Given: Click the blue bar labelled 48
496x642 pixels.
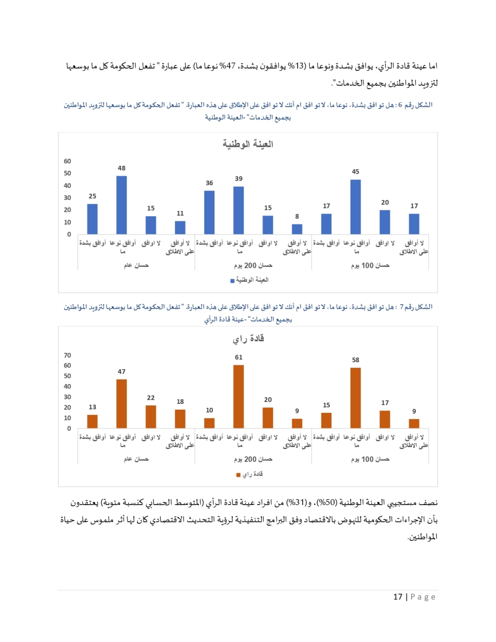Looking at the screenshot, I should tap(122, 204).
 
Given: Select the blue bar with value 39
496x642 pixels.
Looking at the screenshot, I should tap(239, 210).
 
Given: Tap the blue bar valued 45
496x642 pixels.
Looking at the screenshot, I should tap(355, 206).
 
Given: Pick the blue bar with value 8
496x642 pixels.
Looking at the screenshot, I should tap(297, 229).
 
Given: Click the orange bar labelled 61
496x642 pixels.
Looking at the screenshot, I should tap(239, 396).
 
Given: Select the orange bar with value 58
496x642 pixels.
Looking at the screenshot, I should tap(355, 397).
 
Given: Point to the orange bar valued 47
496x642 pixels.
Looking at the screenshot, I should tap(122, 403).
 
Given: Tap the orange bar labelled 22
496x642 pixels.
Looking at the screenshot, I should tap(151, 416).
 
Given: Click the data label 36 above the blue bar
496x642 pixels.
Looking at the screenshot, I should tap(209, 183).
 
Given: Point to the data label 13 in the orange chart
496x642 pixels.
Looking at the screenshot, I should tap(92, 407).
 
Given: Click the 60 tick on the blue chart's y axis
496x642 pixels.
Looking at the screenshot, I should tap(67, 161).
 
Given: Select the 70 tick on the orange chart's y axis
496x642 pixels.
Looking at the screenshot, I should tap(67, 355).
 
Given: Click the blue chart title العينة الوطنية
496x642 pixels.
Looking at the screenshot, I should tap(248, 144).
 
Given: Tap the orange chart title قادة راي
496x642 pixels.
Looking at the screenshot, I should tap(248, 338).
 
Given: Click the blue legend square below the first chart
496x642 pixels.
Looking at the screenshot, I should tap(232, 281).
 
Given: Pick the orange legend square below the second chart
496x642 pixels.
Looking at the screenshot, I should tap(239, 475).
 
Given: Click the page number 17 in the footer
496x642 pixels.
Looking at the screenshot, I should tap(398, 597).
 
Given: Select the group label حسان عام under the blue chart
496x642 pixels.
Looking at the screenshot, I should tap(136, 265).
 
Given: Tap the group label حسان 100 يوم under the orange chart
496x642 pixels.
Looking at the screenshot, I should tap(370, 459).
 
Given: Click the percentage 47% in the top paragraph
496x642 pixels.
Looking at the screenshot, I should tap(228, 66).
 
